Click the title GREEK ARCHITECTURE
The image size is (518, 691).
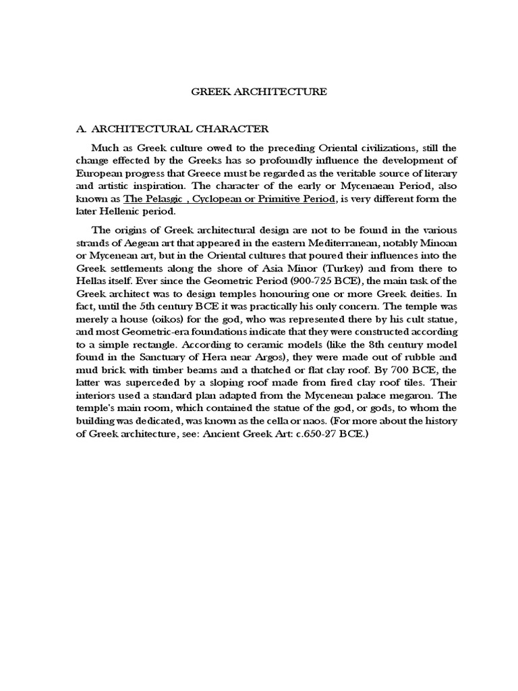[260, 92]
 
